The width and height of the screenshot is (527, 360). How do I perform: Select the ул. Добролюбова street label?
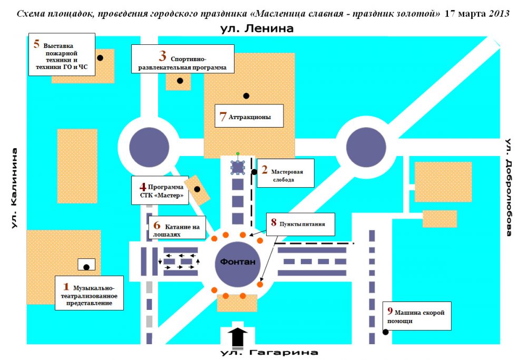point(509,187)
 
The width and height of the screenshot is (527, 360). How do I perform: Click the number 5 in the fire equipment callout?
point(36,44)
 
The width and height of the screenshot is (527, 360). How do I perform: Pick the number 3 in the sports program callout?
point(163,56)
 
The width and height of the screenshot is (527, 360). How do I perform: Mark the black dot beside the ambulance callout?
point(386,332)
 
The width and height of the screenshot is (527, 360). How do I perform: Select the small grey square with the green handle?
point(238,167)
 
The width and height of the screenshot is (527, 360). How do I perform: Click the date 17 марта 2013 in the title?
point(477,14)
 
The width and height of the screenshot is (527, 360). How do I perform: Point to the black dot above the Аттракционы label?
point(246,95)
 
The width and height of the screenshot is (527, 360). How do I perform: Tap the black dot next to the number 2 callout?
point(254,171)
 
